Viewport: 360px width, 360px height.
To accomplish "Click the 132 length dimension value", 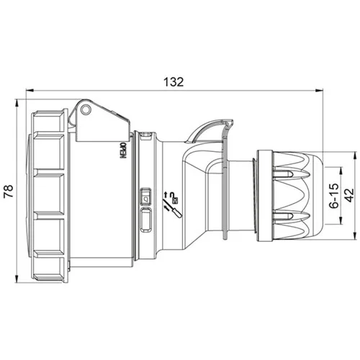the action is click(x=174, y=82).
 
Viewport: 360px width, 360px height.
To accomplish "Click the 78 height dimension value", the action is click(x=9, y=191).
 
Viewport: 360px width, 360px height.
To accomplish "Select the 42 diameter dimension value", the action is click(x=349, y=195).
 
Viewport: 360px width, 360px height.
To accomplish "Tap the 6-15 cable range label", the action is click(x=334, y=196).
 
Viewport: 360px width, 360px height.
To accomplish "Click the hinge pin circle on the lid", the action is click(x=86, y=109).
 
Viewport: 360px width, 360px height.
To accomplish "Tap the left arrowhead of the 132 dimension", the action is click(x=30, y=91).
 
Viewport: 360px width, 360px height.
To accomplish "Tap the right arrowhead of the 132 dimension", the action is click(x=320, y=91).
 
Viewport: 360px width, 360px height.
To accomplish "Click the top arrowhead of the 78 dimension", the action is click(x=17, y=103).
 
